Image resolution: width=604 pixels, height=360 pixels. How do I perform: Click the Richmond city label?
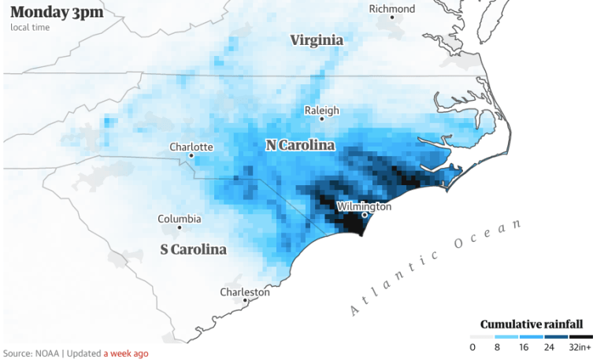point(392,9)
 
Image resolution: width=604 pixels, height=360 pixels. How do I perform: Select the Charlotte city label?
point(191,147)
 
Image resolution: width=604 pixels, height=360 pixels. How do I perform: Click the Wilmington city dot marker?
point(365,214)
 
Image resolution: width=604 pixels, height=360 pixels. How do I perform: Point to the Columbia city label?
point(179,219)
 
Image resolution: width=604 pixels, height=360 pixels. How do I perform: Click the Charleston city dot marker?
point(246,300)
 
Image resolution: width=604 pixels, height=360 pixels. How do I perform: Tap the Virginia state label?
point(317,40)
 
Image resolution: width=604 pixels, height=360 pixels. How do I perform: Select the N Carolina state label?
point(300,146)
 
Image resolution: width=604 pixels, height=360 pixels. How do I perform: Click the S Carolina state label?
point(193,250)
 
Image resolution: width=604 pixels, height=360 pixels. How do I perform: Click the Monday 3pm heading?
point(56,12)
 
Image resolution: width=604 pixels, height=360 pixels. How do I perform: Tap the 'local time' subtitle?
point(31,28)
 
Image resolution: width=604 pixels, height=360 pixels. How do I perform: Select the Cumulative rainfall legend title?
point(532,325)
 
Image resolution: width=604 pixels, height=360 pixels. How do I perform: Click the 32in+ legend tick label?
point(580,347)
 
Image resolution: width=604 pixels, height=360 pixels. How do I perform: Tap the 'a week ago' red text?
point(126,353)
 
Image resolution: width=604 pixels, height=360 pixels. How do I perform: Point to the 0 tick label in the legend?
point(472,347)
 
